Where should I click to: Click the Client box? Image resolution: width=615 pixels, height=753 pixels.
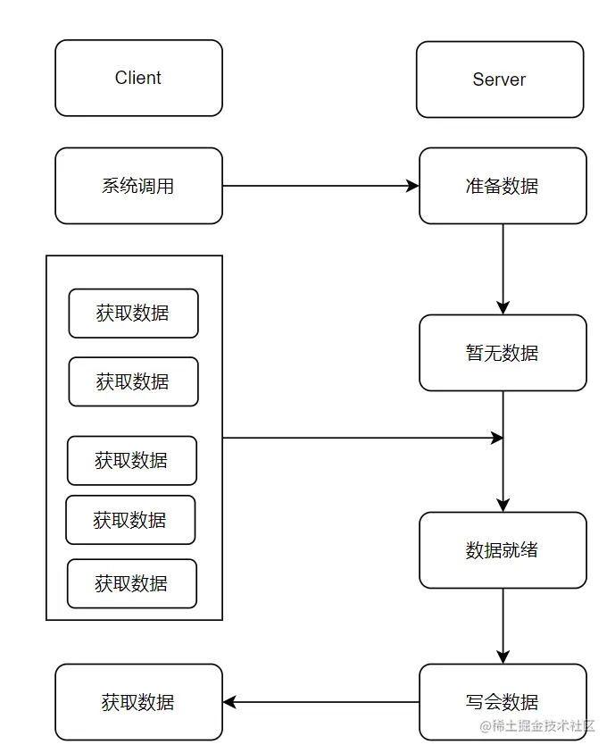[x=138, y=78]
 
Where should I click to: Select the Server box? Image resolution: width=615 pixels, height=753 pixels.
[x=500, y=79]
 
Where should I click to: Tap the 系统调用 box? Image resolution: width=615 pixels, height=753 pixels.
[x=138, y=186]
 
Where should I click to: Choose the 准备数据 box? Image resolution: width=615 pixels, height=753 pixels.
[x=503, y=186]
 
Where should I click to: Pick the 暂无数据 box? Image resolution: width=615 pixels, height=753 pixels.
[x=503, y=353]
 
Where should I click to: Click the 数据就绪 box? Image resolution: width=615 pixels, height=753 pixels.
[x=503, y=550]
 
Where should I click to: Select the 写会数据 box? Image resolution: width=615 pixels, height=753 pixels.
[x=503, y=702]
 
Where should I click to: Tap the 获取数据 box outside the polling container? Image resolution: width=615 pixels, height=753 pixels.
[x=138, y=702]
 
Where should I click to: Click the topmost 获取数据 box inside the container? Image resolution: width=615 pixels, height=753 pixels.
[x=133, y=314]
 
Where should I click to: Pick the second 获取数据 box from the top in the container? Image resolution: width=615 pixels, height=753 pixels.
[x=133, y=381]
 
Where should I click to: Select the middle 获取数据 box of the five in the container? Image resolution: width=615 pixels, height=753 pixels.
[x=132, y=460]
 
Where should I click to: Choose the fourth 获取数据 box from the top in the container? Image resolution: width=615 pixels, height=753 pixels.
[x=130, y=520]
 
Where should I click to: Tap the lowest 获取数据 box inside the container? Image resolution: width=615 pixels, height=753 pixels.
[x=132, y=583]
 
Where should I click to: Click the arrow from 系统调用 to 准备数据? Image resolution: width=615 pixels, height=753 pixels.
[x=320, y=186]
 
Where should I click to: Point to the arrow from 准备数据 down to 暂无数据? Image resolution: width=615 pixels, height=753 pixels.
[x=503, y=268]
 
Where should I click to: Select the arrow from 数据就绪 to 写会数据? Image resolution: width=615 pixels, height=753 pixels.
[x=503, y=625]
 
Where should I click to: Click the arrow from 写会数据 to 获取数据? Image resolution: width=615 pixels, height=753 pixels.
[x=320, y=702]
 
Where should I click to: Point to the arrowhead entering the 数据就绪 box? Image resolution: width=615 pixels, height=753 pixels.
[x=503, y=505]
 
